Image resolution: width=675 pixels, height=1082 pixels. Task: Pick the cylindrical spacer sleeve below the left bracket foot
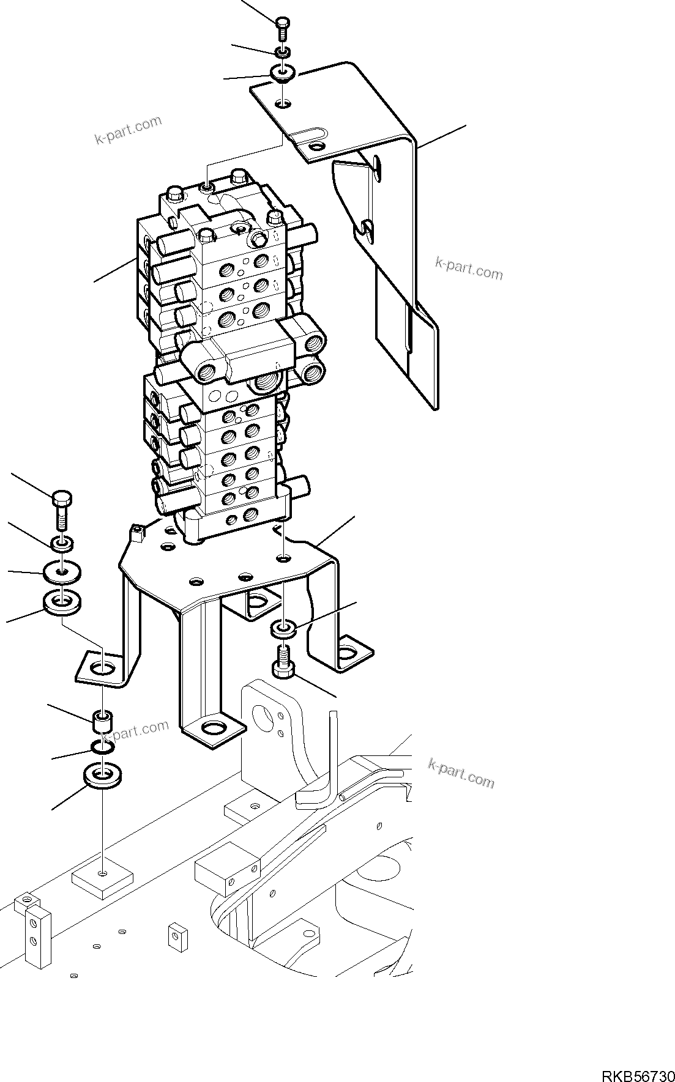click(x=102, y=721)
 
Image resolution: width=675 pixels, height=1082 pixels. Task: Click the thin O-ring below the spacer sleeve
click(x=103, y=747)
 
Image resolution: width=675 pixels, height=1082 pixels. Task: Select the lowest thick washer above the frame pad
click(x=102, y=775)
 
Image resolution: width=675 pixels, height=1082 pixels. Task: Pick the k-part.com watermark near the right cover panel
click(x=469, y=269)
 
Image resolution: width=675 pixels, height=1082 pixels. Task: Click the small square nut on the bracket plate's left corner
click(x=136, y=532)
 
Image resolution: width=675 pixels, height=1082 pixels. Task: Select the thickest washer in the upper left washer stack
click(x=63, y=601)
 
